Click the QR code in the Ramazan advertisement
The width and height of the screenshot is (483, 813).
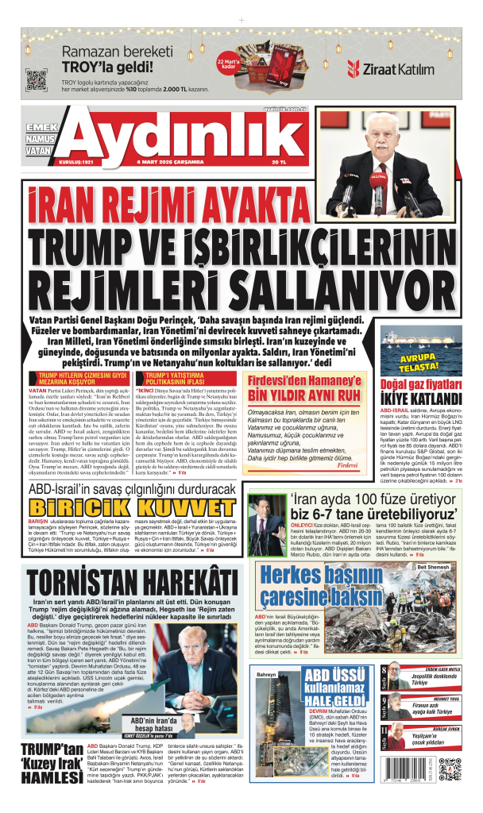[37, 81]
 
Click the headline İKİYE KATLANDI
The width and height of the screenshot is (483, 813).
[421, 398]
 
